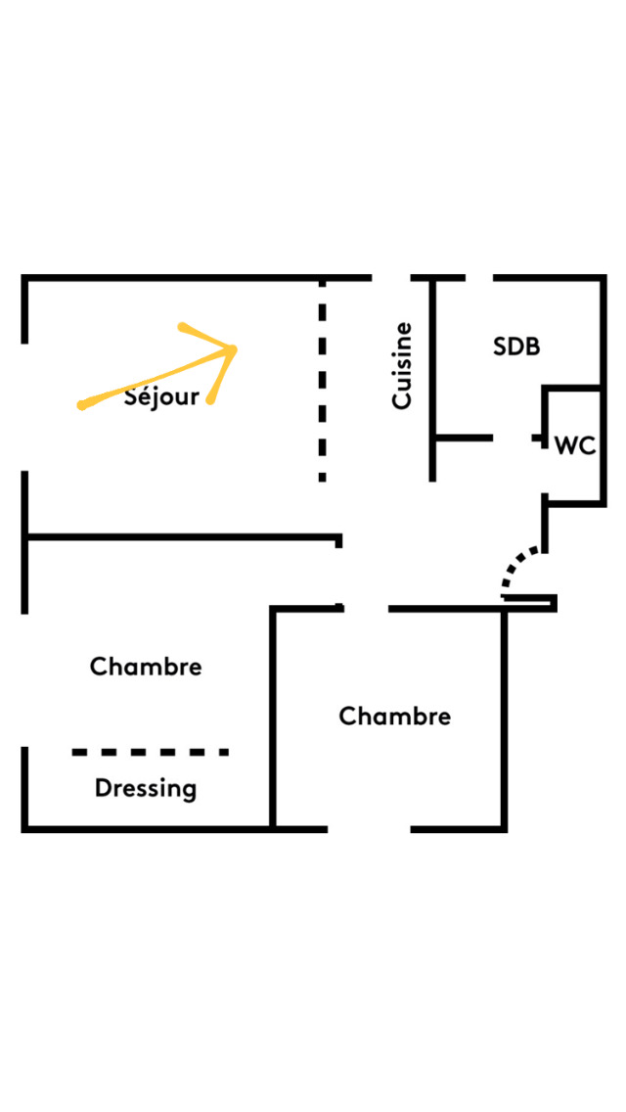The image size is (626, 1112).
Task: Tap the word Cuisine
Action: tap(401, 365)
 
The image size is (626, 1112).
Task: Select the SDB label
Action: tap(516, 347)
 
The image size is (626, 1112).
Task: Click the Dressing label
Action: tap(146, 788)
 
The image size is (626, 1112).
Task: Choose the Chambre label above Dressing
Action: tap(146, 667)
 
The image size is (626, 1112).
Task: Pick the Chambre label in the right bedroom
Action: tap(394, 717)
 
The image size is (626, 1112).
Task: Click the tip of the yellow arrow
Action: tap(235, 348)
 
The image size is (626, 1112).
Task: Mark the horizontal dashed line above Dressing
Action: tap(150, 752)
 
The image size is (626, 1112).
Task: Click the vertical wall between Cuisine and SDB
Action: tap(432, 378)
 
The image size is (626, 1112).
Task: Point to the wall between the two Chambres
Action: tap(273, 718)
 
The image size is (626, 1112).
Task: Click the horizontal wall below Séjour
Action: tap(182, 536)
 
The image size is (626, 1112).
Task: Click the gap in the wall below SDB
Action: tap(513, 438)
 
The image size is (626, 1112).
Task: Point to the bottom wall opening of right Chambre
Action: tap(369, 829)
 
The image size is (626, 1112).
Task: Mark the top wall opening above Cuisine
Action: tap(390, 278)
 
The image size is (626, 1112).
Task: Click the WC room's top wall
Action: tap(572, 389)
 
